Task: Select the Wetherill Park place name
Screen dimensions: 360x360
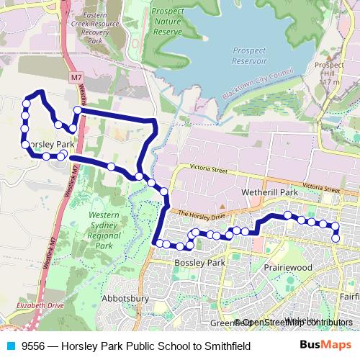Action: click(x=270, y=194)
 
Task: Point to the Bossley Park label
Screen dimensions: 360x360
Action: click(x=199, y=264)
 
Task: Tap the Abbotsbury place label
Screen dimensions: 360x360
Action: click(x=125, y=298)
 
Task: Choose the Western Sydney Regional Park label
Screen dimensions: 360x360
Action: click(x=104, y=230)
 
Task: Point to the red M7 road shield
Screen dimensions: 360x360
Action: click(x=77, y=76)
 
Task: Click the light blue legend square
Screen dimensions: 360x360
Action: click(x=11, y=346)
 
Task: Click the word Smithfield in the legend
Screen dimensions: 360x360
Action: click(x=225, y=346)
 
